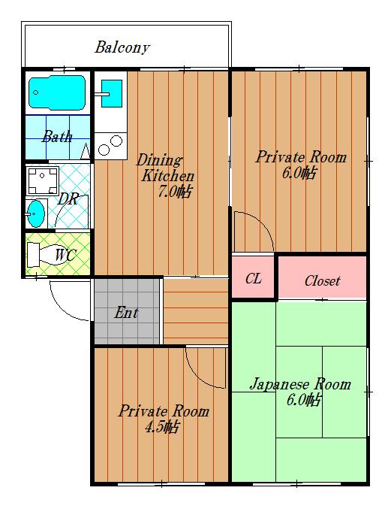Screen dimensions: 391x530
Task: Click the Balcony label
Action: point(122,47)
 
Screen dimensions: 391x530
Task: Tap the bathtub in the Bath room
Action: point(57,92)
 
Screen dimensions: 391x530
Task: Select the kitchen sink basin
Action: point(111,93)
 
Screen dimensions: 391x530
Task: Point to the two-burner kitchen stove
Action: point(110,146)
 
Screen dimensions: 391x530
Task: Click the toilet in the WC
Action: point(47,254)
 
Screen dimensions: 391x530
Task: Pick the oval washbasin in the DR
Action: point(35,214)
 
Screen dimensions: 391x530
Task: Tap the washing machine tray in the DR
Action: point(43,181)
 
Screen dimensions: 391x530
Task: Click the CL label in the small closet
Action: point(254,278)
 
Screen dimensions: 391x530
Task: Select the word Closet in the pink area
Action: point(322,281)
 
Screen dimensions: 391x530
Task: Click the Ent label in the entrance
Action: point(126,313)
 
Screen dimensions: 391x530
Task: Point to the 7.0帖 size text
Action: point(175,192)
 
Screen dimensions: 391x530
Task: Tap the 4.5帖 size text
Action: point(161,427)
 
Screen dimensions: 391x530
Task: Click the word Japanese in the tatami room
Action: point(279,385)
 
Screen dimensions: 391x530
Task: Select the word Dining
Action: point(159,160)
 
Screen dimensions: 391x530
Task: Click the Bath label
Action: point(57,136)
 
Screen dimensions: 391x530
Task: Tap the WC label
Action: point(66,255)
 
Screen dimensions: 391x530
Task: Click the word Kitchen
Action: point(167,176)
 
